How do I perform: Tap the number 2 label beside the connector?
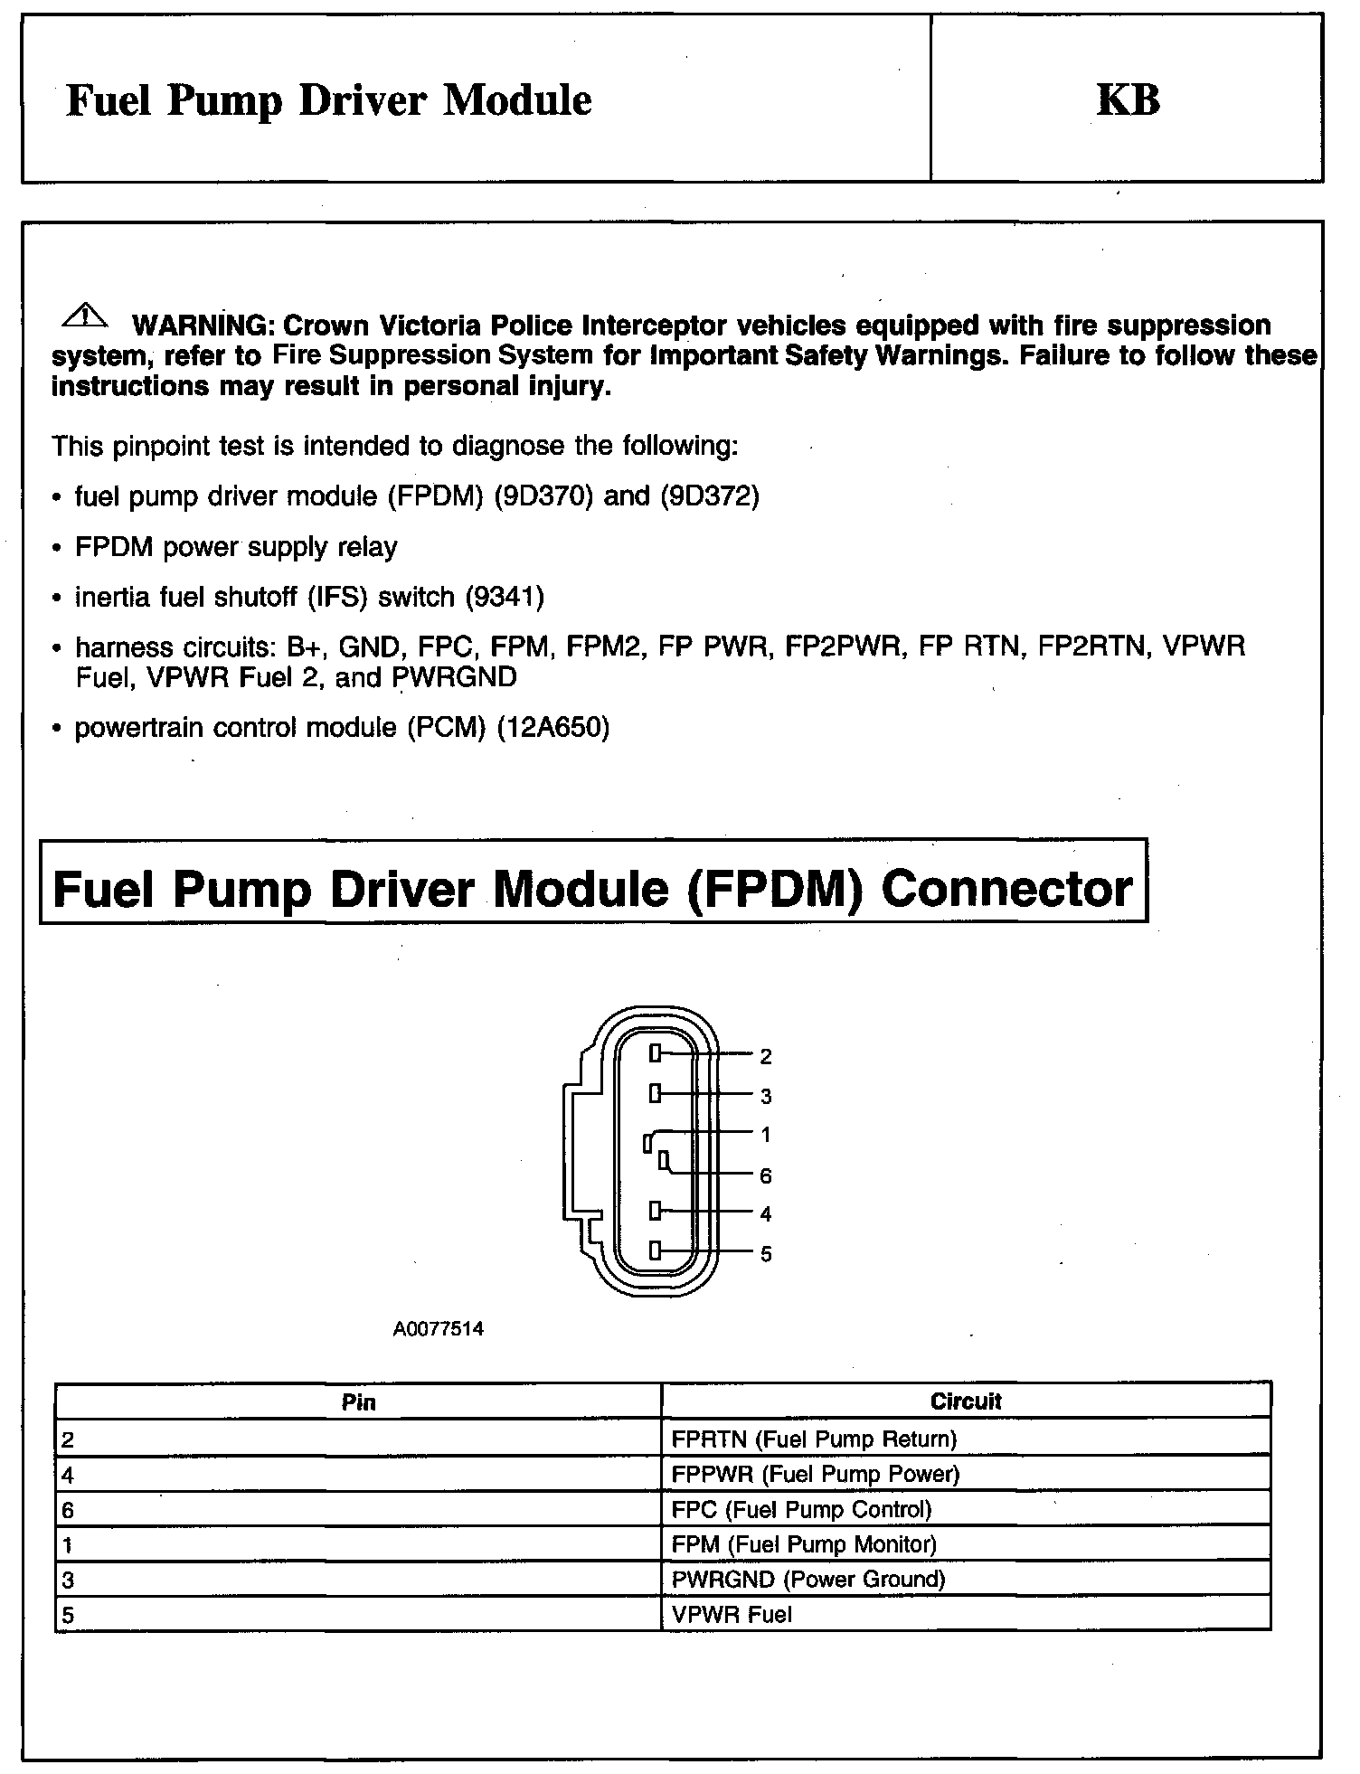pos(765,1056)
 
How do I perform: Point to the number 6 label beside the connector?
pos(765,1175)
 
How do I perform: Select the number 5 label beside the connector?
pos(765,1254)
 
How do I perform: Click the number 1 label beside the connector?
pos(765,1135)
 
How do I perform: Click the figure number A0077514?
pos(439,1329)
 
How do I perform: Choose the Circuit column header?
pos(966,1401)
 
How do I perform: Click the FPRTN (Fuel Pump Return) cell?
pos(814,1439)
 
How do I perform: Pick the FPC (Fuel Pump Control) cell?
pos(801,1509)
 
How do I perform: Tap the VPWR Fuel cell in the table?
pos(732,1615)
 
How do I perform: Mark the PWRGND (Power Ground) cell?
pos(808,1580)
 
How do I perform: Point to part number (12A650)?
pos(554,728)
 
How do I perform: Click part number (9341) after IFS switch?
pos(505,597)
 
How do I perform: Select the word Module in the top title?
pos(517,99)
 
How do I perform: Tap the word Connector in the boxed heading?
pos(1006,889)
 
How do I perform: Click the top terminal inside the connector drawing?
pos(656,1053)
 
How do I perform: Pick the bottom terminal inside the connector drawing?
pos(656,1251)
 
